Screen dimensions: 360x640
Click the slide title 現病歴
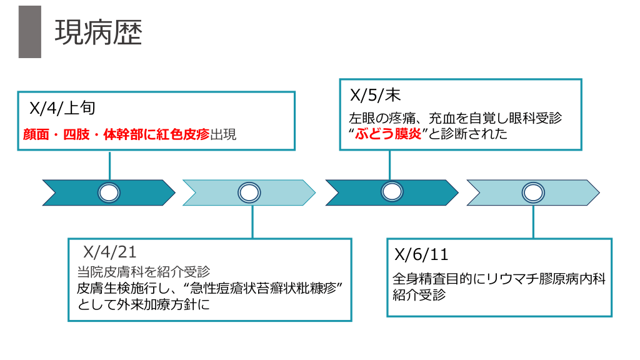(98, 32)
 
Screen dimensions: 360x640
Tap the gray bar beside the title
(29, 32)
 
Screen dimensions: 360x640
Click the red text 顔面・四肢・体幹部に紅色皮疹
(116, 134)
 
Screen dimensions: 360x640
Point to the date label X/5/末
(375, 95)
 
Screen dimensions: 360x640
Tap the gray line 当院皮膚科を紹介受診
(143, 272)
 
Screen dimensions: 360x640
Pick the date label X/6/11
(421, 254)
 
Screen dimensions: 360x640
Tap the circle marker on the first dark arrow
(109, 192)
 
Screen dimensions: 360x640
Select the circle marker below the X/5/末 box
(392, 192)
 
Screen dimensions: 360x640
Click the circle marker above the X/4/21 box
(249, 192)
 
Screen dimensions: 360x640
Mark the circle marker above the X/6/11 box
(533, 192)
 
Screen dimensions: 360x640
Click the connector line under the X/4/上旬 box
(109, 166)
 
